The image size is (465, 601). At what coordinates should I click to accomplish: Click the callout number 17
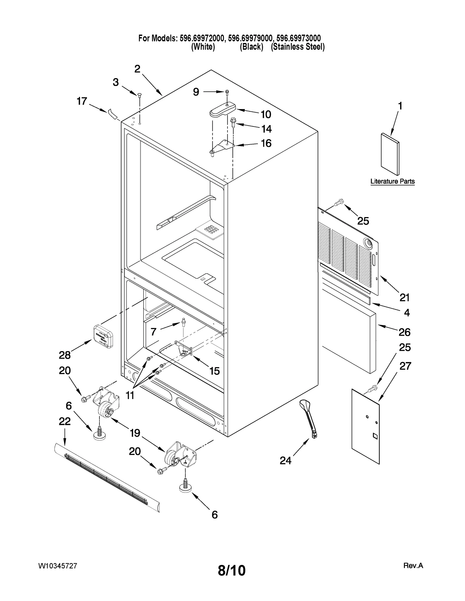coord(82,101)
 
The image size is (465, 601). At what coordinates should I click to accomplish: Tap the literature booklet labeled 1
coord(390,154)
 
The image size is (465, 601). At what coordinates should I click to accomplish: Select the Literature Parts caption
coord(392,181)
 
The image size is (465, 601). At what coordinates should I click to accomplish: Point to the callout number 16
coord(266,143)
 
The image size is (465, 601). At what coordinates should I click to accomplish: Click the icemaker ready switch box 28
coord(103,337)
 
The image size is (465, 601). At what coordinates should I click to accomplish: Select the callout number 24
coord(285,460)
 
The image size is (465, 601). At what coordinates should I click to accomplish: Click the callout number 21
coord(404,297)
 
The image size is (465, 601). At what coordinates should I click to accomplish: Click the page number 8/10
coord(232,571)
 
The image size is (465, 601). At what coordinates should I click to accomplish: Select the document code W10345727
coord(58,566)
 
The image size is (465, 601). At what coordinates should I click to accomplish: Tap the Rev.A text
coord(413,566)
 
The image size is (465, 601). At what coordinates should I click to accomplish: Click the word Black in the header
coord(251,47)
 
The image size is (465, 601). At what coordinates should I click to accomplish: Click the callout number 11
coord(130,395)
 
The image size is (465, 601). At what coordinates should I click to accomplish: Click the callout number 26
coord(404,332)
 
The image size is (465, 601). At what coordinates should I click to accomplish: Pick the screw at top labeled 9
coord(227,92)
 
